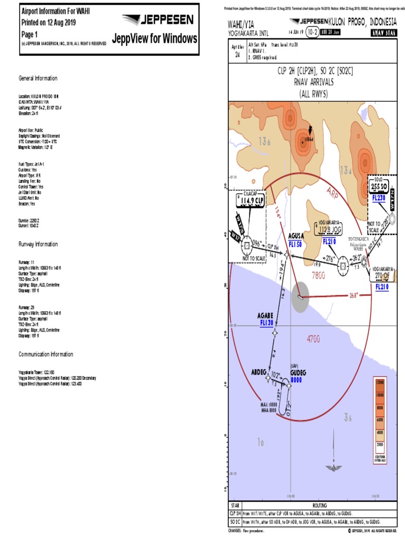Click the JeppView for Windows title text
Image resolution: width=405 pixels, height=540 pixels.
coord(155,38)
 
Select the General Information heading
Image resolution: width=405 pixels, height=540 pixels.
coord(38,79)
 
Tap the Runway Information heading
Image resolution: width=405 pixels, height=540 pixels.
coord(38,244)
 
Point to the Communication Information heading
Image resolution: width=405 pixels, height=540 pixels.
coord(46,354)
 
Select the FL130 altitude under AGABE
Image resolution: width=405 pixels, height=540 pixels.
coord(266,322)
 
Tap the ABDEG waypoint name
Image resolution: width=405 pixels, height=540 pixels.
coord(259,371)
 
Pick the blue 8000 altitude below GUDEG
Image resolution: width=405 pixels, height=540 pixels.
coord(296,379)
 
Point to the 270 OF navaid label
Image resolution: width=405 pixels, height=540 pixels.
coord(382,275)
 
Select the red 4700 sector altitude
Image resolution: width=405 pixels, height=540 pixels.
coord(314,340)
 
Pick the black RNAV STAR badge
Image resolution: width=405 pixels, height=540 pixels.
coord(383,33)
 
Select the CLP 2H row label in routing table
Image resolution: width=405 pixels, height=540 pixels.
coord(235,513)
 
